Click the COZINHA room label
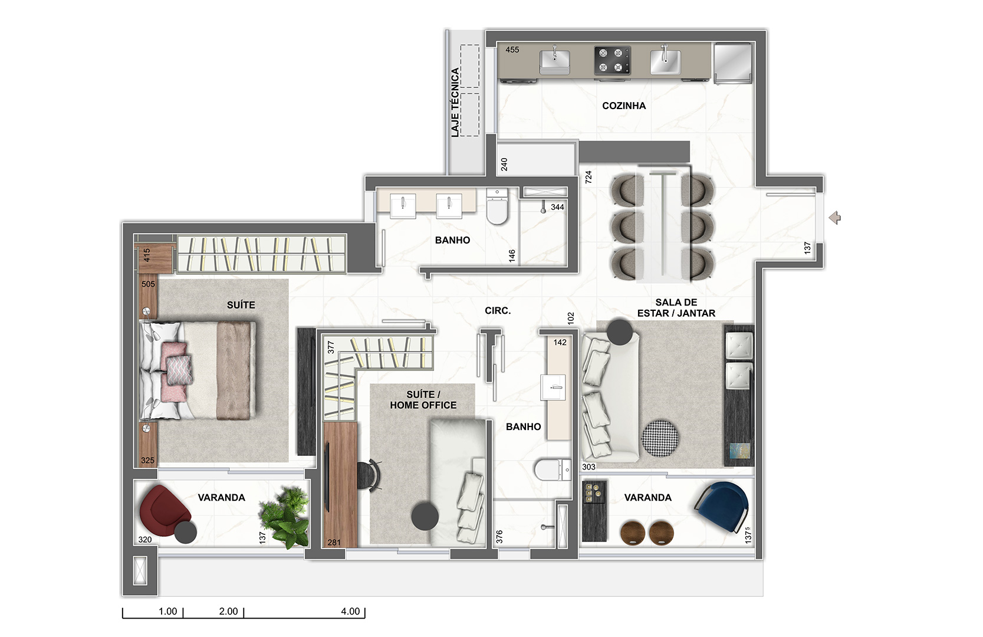click(x=624, y=106)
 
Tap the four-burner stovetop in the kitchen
click(x=612, y=61)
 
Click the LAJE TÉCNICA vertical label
click(x=455, y=102)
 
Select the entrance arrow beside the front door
click(x=834, y=217)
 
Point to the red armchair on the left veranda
click(x=164, y=511)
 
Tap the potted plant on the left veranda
click(x=284, y=517)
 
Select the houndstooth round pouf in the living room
click(x=660, y=438)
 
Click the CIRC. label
click(x=498, y=311)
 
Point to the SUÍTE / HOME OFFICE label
click(x=423, y=400)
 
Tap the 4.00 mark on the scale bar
click(x=350, y=611)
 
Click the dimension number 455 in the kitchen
click(x=512, y=50)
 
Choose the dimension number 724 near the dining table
click(x=589, y=177)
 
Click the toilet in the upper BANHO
click(x=497, y=206)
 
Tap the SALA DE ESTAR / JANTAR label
click(x=676, y=308)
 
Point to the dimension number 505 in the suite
click(x=149, y=284)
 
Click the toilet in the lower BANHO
click(x=552, y=470)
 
